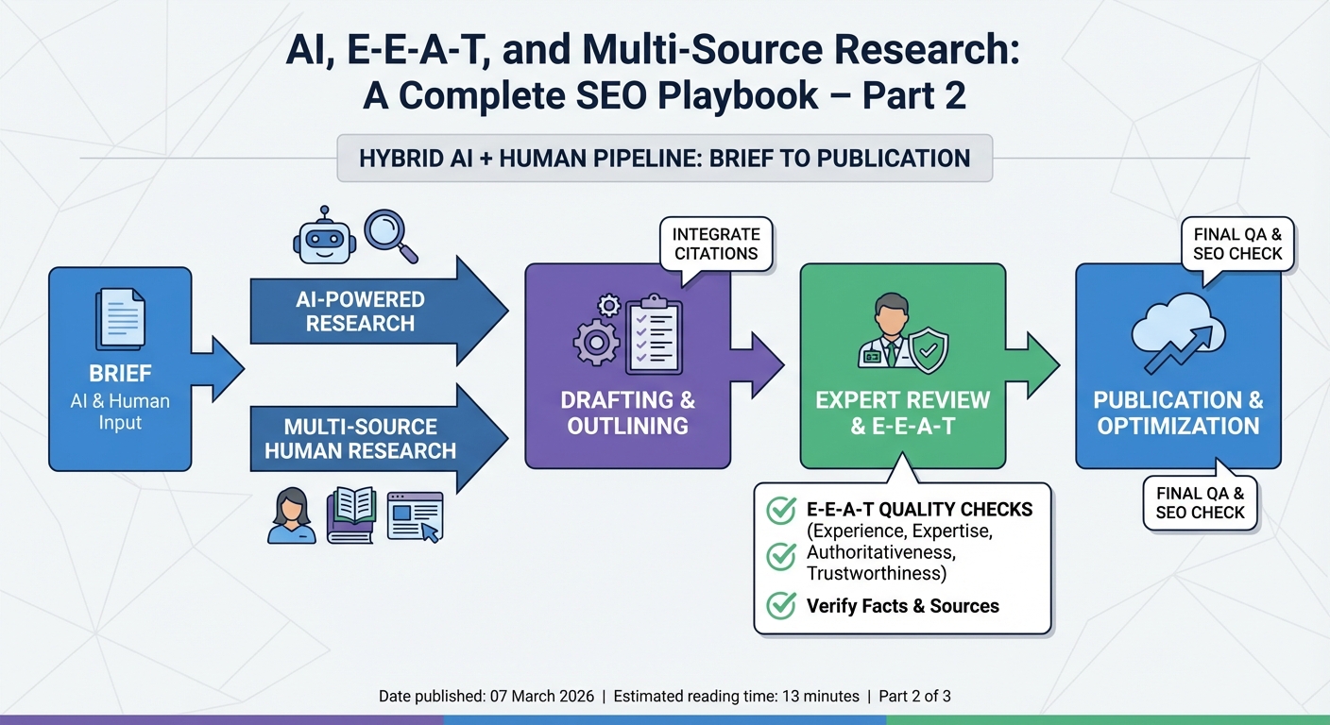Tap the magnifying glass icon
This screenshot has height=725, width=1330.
(x=389, y=234)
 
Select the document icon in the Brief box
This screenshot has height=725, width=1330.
(x=120, y=318)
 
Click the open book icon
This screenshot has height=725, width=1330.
(x=351, y=515)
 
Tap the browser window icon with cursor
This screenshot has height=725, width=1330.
(x=415, y=516)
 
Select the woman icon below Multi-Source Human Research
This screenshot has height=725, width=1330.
(x=291, y=515)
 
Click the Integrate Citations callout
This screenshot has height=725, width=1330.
(x=716, y=244)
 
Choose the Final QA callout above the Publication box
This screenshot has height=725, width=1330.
(x=1237, y=244)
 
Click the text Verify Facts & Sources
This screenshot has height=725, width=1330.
(x=902, y=606)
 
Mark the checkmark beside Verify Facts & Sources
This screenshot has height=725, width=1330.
(x=780, y=605)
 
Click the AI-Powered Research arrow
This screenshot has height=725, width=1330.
(x=378, y=312)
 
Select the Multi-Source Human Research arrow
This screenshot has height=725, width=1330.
(x=378, y=439)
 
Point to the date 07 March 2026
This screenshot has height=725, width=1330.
(x=542, y=697)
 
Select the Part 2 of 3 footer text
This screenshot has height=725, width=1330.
(x=914, y=697)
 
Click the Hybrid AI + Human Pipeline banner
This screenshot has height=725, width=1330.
(x=664, y=159)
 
